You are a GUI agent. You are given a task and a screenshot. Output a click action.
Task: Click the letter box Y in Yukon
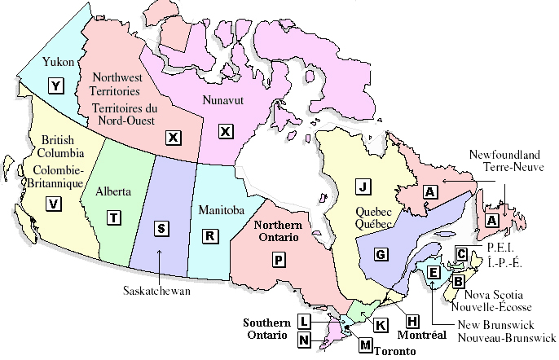55,84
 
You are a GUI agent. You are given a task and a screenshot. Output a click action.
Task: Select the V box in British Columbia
55,204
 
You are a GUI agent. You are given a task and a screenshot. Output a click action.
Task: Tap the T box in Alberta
114,217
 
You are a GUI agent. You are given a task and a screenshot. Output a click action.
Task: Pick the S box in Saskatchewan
161,228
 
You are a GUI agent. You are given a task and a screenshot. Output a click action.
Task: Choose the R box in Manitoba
210,235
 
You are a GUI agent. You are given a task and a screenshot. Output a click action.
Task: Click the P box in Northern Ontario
278,259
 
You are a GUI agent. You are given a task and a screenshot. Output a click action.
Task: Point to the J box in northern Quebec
363,187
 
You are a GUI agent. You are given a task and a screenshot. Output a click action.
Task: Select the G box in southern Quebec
380,255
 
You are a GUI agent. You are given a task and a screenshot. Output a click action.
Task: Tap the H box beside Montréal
412,320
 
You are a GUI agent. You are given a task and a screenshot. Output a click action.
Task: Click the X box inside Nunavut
226,131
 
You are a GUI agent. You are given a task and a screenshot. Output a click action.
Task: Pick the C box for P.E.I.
461,253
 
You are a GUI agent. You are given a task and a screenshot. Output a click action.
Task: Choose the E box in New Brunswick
434,272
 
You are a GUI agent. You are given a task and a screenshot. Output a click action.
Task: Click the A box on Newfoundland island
491,220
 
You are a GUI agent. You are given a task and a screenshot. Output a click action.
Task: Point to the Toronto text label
395,351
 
